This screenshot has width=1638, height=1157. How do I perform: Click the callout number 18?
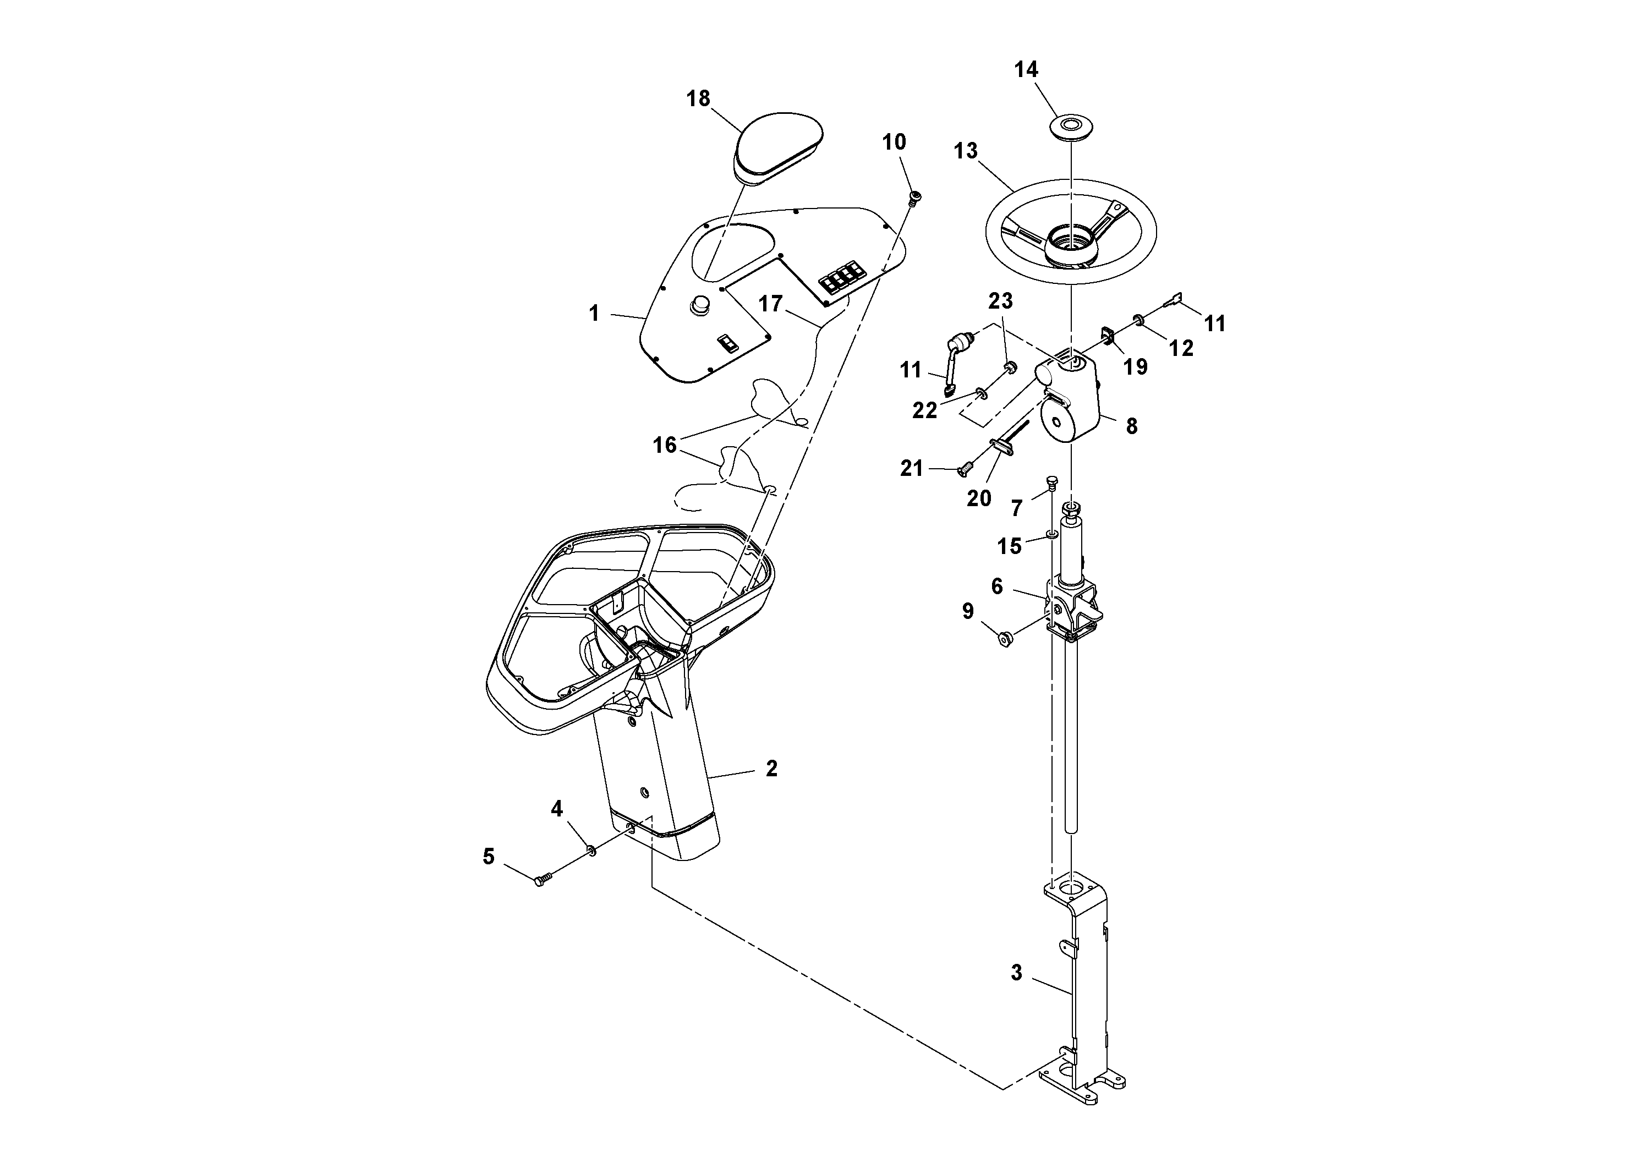(x=698, y=98)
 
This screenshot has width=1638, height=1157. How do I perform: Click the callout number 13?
(x=966, y=151)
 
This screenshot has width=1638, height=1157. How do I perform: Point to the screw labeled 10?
(x=913, y=197)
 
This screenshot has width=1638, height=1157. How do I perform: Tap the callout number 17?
(x=770, y=304)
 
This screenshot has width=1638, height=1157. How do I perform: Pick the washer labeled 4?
(x=591, y=849)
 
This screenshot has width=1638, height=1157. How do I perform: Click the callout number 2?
(x=771, y=768)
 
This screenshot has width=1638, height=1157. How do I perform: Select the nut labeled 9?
(x=1005, y=640)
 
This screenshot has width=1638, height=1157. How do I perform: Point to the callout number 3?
(x=1017, y=973)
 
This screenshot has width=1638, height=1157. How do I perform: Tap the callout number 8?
(x=1131, y=426)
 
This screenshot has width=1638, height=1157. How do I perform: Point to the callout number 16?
(x=664, y=445)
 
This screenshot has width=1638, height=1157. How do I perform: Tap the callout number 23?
(x=1000, y=301)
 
